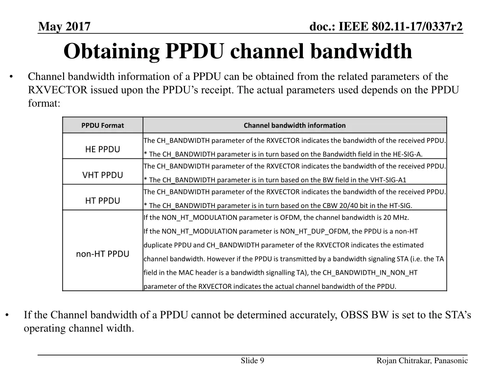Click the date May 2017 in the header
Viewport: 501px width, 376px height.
pos(64,26)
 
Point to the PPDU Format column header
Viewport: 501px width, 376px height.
pos(103,125)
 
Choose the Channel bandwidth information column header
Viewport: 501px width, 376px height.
pos(295,125)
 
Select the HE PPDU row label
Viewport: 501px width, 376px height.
pos(103,149)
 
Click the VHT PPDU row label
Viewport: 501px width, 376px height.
pos(103,175)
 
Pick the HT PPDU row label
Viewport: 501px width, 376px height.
pos(103,200)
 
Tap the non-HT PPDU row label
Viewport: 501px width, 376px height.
pos(103,254)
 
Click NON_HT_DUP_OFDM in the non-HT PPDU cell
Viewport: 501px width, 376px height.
pos(306,231)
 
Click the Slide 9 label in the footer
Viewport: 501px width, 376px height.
pos(252,361)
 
